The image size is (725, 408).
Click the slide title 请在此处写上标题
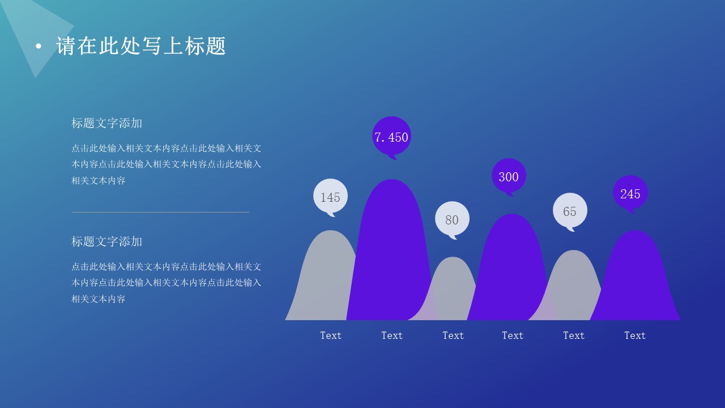[141, 46]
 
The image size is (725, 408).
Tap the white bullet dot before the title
[39, 46]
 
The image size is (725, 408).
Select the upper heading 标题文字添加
[107, 123]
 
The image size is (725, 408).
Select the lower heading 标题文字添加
[107, 241]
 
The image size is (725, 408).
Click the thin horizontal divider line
[160, 212]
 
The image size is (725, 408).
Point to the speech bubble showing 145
[330, 197]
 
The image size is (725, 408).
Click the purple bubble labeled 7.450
[391, 137]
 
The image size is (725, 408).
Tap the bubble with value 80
[452, 219]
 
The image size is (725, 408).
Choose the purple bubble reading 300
[509, 176]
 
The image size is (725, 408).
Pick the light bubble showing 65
[570, 211]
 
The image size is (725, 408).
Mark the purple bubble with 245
[630, 194]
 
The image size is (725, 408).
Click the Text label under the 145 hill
[331, 335]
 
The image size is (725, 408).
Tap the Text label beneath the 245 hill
[635, 335]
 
